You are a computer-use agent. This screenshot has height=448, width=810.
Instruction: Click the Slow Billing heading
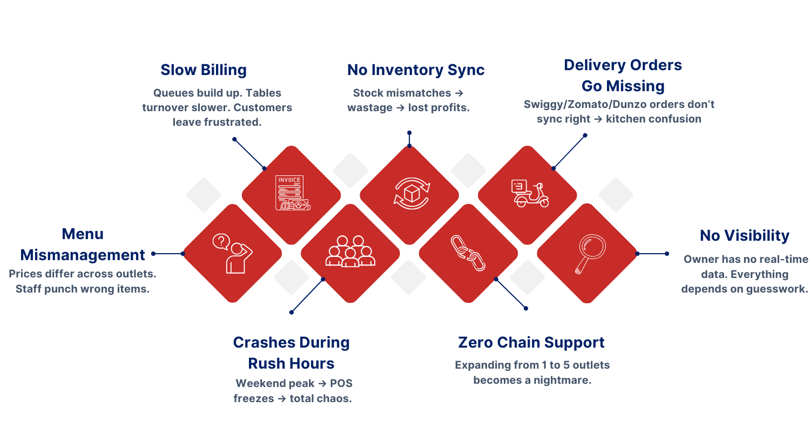coord(204,70)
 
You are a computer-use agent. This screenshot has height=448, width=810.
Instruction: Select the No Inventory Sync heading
coord(416,70)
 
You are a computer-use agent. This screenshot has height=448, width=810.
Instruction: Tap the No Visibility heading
coord(745,236)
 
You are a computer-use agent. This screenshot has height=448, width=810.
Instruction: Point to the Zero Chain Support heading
coord(531,343)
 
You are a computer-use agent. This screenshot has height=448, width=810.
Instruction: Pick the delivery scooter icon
coord(529,193)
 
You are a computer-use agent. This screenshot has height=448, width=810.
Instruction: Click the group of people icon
coord(350,252)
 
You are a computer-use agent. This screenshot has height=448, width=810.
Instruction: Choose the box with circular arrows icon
coord(411,193)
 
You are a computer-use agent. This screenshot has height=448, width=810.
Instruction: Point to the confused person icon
coord(232,253)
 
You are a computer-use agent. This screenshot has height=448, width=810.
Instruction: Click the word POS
coord(341,384)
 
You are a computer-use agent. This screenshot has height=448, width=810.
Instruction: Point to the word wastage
coord(370,107)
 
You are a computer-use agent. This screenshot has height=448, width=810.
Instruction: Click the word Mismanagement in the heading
coord(83,255)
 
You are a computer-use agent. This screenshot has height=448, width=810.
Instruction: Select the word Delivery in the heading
coord(594,65)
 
